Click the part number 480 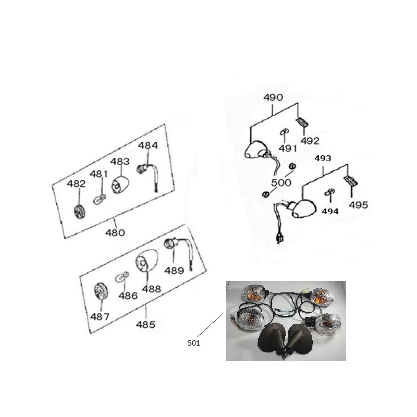(x=115, y=232)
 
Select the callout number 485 (x=145, y=324)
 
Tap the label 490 (x=273, y=97)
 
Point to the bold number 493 (x=323, y=158)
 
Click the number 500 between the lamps (x=281, y=183)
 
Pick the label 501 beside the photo (x=193, y=343)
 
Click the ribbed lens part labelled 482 (x=80, y=212)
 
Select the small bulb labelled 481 (x=100, y=199)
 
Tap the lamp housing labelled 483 (x=120, y=185)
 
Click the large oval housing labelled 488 (x=147, y=260)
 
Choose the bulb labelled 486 (x=122, y=277)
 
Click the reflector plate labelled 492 (x=302, y=122)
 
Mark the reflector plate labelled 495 (x=350, y=180)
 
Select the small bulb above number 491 (x=285, y=132)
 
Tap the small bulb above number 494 (x=330, y=192)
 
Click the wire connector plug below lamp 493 (x=280, y=238)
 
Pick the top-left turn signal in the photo (x=253, y=293)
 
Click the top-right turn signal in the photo (x=322, y=297)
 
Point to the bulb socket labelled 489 (x=169, y=242)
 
